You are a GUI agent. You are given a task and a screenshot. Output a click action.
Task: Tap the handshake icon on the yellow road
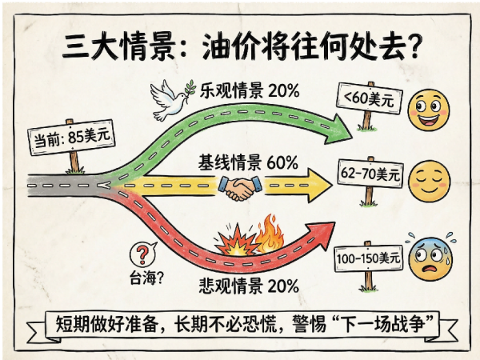pos(240,188)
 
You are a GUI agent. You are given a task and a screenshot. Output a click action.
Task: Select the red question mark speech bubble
pos(142,254)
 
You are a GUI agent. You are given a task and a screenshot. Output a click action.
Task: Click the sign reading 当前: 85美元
pos(71,137)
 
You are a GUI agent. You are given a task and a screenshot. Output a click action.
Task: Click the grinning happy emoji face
pos(429,110)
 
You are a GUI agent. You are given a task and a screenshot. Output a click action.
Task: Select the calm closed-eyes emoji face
pos(429,181)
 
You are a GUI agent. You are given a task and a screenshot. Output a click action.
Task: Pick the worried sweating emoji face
pos(431,258)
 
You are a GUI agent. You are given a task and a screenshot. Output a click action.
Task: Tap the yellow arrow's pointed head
pos(319,186)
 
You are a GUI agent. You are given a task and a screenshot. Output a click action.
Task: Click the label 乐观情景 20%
pos(250,90)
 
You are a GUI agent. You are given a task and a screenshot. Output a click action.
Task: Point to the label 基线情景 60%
pos(248,162)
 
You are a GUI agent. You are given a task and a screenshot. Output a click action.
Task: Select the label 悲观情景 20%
pos(249,286)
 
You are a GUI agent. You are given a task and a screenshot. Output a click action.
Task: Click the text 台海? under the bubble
pos(146,278)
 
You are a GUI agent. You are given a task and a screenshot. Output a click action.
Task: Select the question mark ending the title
pos(414,46)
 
